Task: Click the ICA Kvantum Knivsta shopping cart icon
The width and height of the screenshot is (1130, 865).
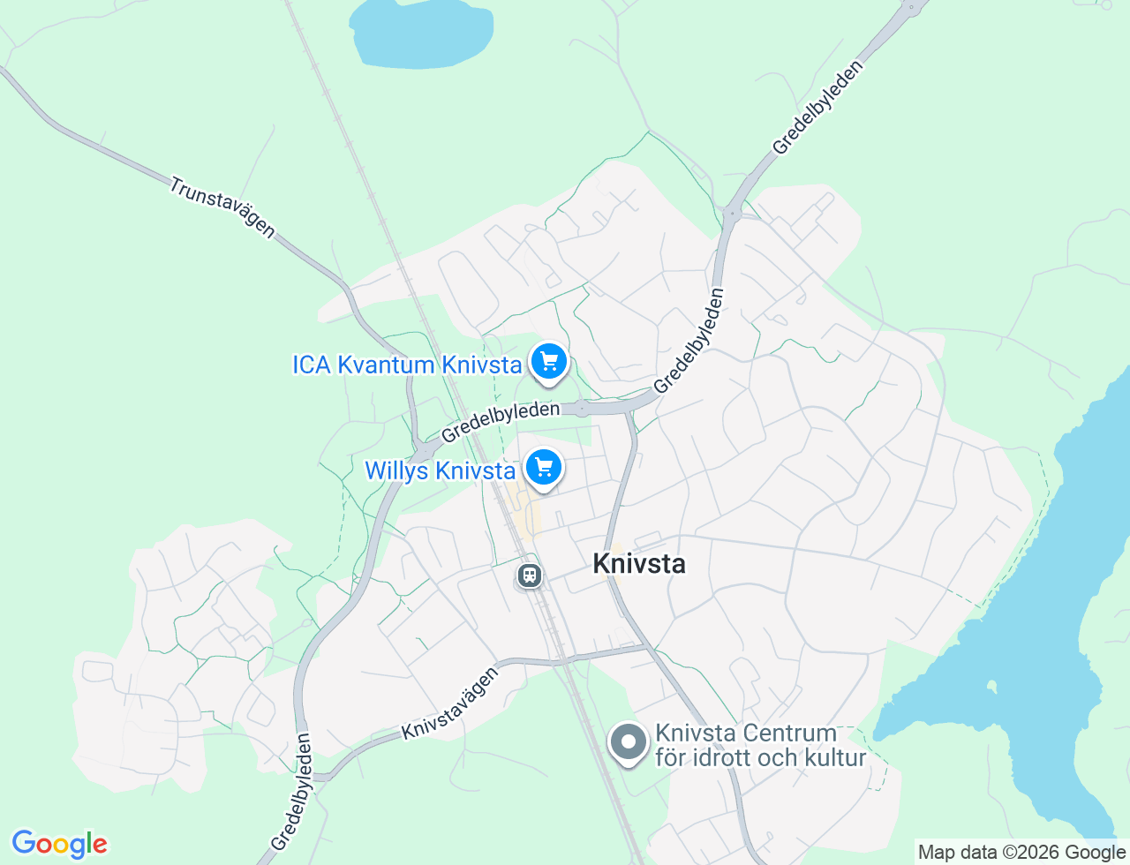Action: pyautogui.click(x=549, y=361)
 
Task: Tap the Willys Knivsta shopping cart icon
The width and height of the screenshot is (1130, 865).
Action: pyautogui.click(x=544, y=467)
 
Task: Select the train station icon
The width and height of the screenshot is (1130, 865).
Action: pyautogui.click(x=529, y=575)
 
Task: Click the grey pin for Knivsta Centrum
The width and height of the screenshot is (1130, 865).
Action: pyautogui.click(x=629, y=742)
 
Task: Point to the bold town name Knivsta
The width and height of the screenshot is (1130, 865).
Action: pyautogui.click(x=639, y=563)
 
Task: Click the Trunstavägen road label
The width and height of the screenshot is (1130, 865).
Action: pyautogui.click(x=222, y=207)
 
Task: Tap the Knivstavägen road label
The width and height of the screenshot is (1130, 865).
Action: pyautogui.click(x=450, y=703)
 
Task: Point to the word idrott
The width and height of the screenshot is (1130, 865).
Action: pyautogui.click(x=727, y=757)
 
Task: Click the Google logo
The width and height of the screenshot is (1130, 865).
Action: pyautogui.click(x=59, y=844)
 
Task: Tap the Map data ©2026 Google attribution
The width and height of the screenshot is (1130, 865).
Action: pyautogui.click(x=1021, y=852)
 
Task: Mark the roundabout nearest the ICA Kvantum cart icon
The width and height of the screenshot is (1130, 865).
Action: pyautogui.click(x=581, y=409)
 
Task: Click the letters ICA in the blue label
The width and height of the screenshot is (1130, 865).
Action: pyautogui.click(x=312, y=365)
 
